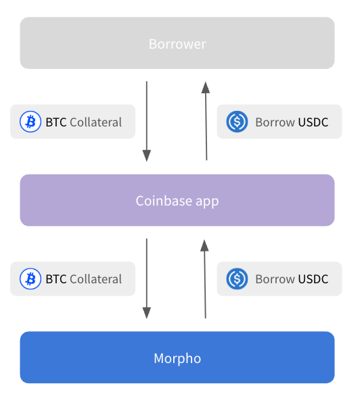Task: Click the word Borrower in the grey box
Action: click(177, 44)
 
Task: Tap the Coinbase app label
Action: click(177, 201)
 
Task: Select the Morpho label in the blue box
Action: click(177, 358)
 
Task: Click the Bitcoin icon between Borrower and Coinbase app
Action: click(30, 122)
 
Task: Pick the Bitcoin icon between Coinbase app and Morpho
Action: click(30, 279)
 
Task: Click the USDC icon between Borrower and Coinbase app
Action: click(237, 122)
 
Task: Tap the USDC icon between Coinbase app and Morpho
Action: click(237, 279)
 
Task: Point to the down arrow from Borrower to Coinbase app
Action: click(147, 121)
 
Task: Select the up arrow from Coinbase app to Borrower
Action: click(206, 121)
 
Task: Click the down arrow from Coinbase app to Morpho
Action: click(147, 279)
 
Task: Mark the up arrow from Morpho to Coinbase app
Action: click(205, 279)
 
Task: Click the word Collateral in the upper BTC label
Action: click(95, 122)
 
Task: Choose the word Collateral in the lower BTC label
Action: click(95, 279)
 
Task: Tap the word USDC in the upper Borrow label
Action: click(313, 122)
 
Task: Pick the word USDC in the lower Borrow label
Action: click(313, 279)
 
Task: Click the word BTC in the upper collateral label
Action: click(56, 122)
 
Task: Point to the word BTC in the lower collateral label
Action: click(56, 279)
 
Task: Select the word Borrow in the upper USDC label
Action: click(275, 122)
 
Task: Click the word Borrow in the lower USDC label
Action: click(275, 279)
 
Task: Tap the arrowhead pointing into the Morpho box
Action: click(147, 313)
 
